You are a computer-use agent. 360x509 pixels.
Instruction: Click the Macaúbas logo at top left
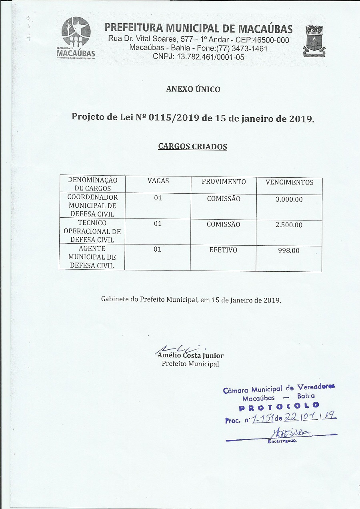click(76, 38)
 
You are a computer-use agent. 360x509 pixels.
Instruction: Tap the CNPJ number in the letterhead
click(198, 57)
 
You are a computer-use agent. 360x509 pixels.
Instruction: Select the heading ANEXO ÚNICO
click(193, 89)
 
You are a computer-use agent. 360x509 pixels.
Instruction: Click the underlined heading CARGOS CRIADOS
click(192, 146)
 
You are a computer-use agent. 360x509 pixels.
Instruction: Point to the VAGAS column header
click(158, 181)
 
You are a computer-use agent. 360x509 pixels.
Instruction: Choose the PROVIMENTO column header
click(224, 181)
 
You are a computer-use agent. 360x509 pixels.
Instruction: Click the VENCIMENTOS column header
click(290, 182)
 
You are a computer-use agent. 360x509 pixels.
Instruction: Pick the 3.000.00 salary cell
click(289, 199)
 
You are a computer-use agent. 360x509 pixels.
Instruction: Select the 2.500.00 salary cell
click(289, 225)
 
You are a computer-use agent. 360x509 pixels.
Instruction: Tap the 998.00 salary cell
click(289, 250)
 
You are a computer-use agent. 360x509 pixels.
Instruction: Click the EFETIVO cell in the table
click(223, 250)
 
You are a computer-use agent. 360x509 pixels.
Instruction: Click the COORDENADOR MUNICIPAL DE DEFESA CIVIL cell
click(92, 206)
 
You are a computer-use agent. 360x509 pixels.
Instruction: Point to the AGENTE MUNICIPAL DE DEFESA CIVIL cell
click(92, 257)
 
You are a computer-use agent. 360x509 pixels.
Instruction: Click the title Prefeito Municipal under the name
click(190, 364)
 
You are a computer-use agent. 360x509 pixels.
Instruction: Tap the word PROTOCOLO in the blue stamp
click(279, 407)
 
